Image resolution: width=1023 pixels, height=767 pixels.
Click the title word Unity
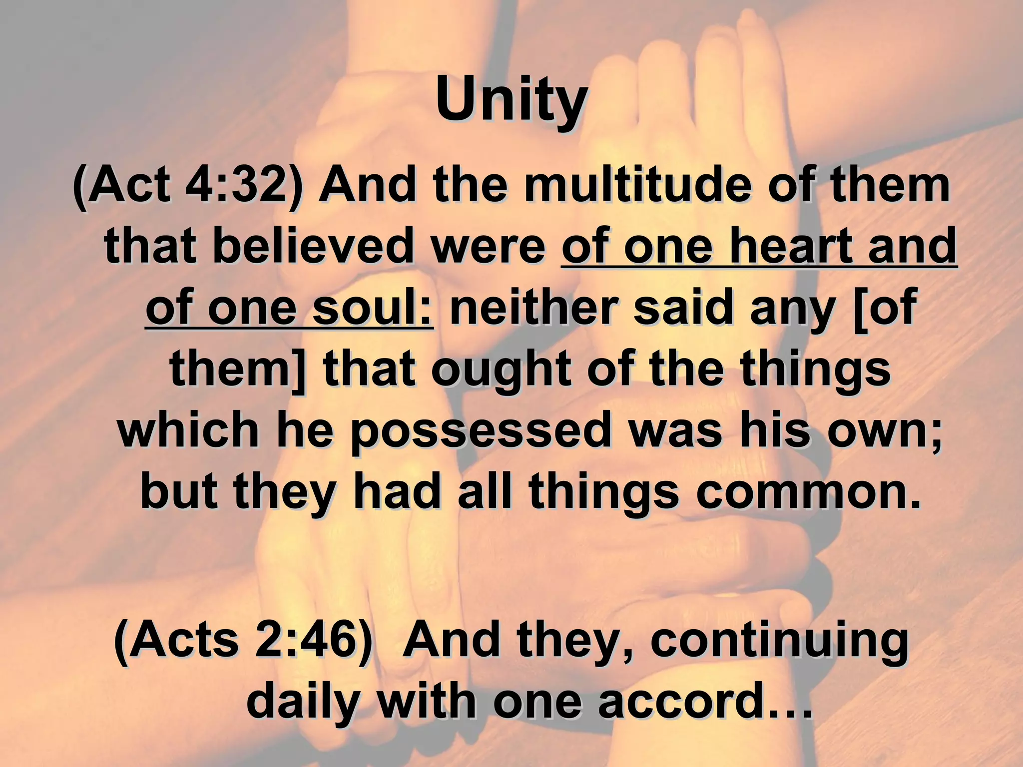511,101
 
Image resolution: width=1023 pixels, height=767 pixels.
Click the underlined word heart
793,247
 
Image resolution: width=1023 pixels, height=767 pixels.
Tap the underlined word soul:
373,309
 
